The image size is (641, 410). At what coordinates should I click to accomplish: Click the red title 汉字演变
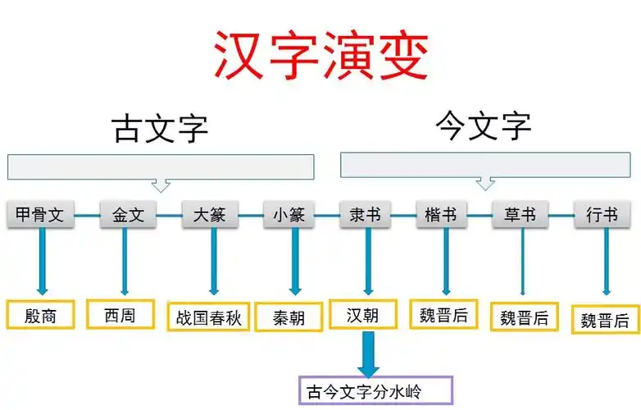click(321, 56)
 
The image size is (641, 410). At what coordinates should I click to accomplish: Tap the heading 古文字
click(160, 129)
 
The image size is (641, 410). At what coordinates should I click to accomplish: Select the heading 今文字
click(483, 127)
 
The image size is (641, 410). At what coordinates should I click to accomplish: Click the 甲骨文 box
click(39, 216)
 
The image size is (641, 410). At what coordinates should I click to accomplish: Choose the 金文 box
click(128, 216)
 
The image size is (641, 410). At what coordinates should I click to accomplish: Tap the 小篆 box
click(289, 216)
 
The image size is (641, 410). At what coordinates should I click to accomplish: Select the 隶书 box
click(365, 216)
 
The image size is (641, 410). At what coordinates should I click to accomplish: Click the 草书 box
click(521, 216)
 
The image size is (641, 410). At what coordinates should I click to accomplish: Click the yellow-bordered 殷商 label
click(40, 314)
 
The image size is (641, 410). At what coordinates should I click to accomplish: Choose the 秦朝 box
click(289, 317)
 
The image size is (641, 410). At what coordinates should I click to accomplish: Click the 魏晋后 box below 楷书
click(443, 314)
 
